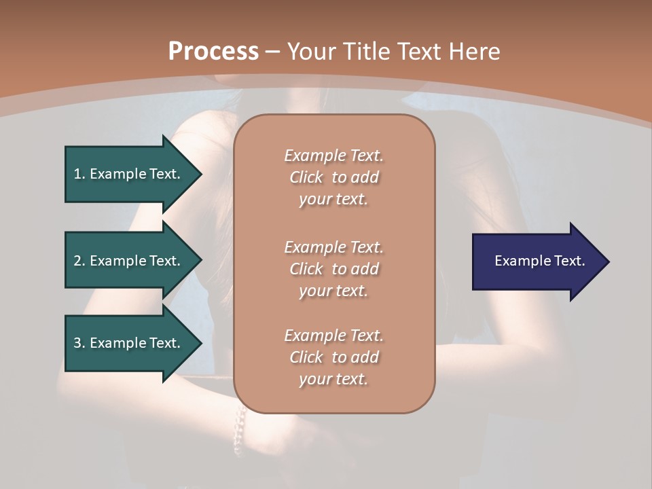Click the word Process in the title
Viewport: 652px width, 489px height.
point(213,52)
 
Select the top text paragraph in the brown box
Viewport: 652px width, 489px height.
point(333,177)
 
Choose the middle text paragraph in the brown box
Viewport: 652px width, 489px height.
point(333,269)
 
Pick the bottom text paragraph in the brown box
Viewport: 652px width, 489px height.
point(333,357)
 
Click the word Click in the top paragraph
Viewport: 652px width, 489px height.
point(306,177)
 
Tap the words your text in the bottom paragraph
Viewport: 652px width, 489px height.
point(333,379)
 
